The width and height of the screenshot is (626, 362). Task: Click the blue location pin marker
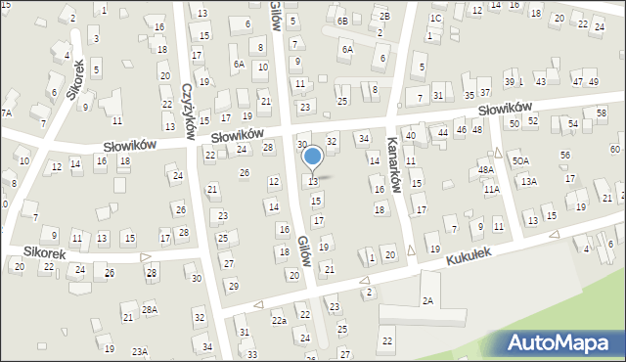coord(313,157)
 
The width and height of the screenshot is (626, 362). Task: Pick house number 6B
coord(342,21)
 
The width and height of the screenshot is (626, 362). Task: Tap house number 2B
coord(385,16)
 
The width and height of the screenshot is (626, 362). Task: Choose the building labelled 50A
coord(520,160)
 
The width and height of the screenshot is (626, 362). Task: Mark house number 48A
coord(486,170)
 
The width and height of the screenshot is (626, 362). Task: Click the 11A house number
coord(491,190)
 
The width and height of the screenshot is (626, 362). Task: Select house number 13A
coord(529,181)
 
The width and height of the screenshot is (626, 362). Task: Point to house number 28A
coord(150,309)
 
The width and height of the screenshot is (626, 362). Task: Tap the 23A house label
coord(140,351)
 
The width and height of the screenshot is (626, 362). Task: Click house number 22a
coord(279,321)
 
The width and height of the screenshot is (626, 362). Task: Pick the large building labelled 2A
coord(427,301)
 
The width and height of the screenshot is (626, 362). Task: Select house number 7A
coord(6,113)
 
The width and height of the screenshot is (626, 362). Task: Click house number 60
coord(614,149)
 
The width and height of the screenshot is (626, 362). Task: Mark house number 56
coord(564,156)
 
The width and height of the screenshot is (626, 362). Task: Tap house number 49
coord(594,81)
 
